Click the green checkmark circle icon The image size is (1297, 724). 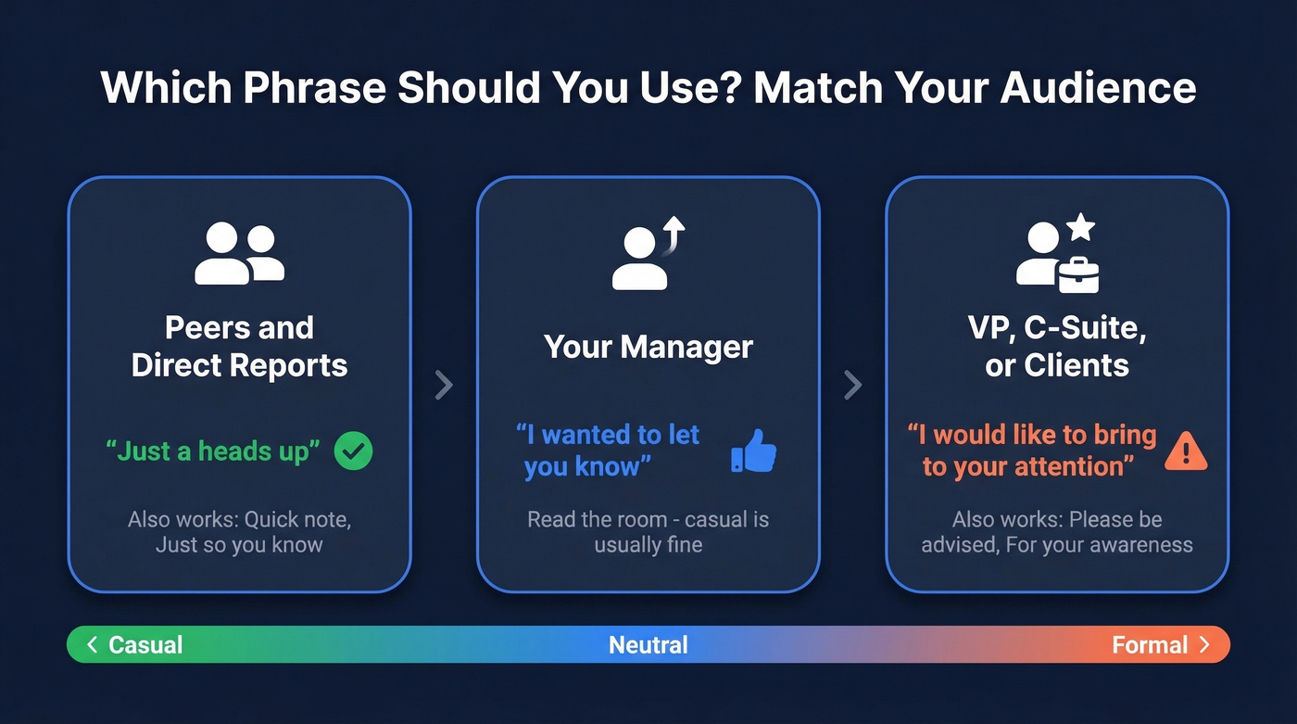[x=353, y=451]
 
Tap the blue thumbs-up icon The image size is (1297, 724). [x=754, y=451]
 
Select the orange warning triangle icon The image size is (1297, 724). [x=1186, y=451]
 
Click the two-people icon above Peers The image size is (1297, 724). [x=239, y=253]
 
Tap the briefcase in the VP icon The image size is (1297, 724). [x=1078, y=273]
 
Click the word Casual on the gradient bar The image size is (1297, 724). [x=145, y=645]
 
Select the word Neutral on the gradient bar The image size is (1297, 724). [x=648, y=645]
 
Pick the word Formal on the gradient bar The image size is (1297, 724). [x=1150, y=645]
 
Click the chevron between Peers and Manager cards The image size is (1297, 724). [x=444, y=385]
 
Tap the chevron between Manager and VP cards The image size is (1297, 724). [x=852, y=385]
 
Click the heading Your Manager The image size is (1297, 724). [x=648, y=348]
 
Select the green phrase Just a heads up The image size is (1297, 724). [x=213, y=451]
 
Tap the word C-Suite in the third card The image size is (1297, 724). [x=1097, y=329]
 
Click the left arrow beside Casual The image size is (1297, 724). [x=92, y=645]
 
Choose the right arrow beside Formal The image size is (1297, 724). [x=1204, y=645]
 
